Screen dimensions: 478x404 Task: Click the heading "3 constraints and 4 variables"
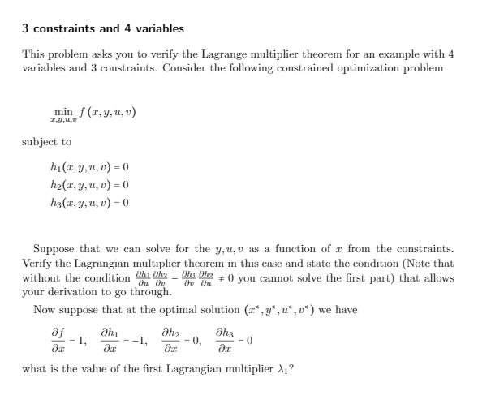(x=102, y=29)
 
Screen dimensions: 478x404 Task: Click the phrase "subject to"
(x=46, y=141)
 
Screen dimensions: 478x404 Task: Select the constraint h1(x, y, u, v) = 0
(x=89, y=168)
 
